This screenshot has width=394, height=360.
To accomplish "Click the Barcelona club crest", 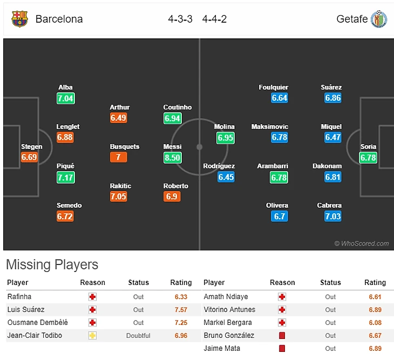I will point(19,19).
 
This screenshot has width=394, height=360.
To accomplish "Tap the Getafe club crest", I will point(379,19).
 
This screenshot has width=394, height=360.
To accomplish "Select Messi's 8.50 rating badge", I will point(172,158).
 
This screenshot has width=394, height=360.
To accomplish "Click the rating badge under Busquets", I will point(118,158).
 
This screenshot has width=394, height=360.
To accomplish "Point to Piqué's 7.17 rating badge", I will point(65,177).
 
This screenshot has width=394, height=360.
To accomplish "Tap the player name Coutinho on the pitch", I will point(178,107).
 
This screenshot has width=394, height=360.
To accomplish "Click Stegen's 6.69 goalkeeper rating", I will point(29,158).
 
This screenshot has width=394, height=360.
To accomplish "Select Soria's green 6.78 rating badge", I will point(369,158).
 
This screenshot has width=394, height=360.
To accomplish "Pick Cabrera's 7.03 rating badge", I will point(333,216).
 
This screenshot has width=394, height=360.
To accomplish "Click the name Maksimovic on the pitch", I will point(270,127).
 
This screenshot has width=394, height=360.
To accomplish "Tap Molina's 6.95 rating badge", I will point(226,138).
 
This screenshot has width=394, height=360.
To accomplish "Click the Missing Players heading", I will point(52,264).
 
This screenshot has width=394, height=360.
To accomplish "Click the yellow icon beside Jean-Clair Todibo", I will point(93,336).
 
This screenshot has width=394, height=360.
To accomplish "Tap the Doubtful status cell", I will point(139,336).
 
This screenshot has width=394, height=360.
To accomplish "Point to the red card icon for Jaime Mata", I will point(282,349).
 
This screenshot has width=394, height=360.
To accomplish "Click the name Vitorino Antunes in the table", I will point(229,310).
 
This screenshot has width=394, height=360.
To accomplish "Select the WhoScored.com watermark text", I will point(361,244).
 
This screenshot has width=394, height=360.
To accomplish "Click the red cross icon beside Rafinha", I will point(93,297).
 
